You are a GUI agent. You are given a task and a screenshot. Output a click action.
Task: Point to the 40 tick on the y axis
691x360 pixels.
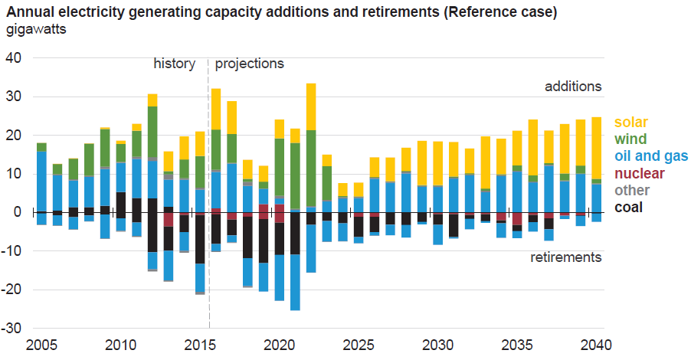[15, 58]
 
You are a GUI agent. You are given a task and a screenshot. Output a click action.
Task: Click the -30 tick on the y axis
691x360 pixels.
[12, 328]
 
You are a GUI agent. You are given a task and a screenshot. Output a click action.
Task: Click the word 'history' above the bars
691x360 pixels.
[175, 64]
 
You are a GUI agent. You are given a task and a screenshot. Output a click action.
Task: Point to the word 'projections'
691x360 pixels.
[249, 64]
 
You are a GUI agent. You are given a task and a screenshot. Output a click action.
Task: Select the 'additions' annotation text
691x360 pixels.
[573, 86]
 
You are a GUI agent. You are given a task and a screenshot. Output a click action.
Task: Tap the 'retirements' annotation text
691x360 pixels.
[566, 257]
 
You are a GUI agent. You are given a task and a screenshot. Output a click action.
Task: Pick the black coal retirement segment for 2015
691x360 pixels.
[200, 239]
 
